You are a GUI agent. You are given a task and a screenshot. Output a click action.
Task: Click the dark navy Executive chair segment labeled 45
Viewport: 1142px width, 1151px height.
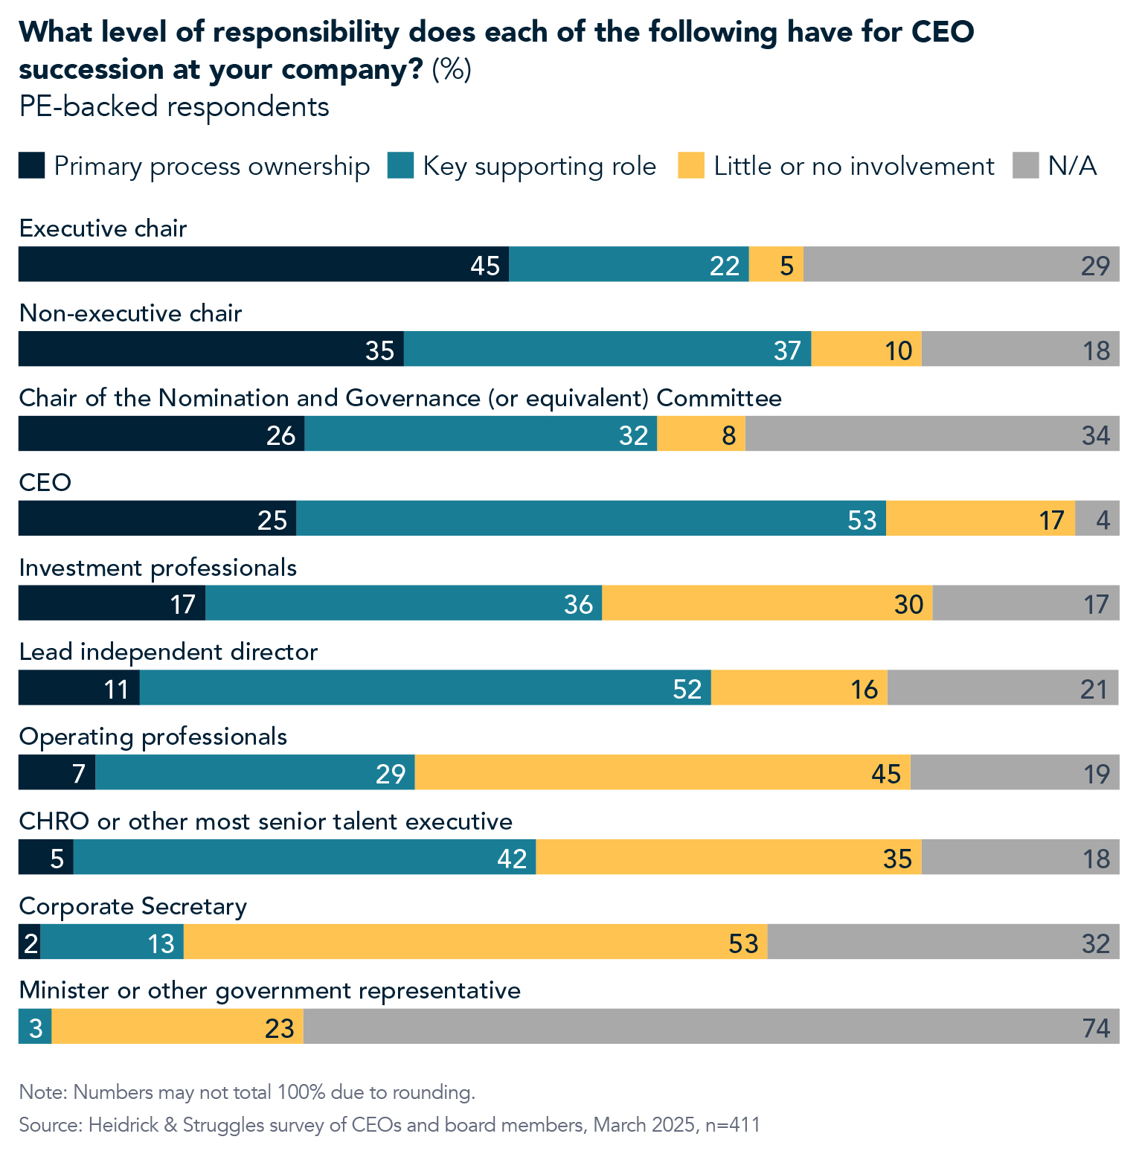click(263, 264)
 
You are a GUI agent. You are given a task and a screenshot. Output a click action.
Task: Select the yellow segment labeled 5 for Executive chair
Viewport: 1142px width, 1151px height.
click(776, 264)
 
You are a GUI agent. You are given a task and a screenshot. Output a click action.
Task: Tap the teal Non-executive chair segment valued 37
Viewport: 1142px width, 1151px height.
click(607, 349)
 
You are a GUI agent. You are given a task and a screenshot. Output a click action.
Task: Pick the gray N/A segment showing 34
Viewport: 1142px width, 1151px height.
click(932, 434)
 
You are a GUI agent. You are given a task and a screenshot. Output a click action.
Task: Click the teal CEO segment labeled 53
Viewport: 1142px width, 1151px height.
click(591, 519)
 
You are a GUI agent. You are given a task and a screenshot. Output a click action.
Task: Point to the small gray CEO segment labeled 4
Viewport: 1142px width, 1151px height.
click(1097, 519)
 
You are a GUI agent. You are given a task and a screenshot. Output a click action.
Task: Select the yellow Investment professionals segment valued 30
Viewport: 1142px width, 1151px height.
click(767, 603)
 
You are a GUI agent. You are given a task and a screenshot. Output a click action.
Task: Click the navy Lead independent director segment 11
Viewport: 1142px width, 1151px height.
click(79, 688)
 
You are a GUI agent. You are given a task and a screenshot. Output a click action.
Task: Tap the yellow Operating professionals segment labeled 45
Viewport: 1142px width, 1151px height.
click(662, 772)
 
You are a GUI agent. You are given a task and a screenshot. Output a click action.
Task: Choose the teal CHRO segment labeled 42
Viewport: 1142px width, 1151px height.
click(304, 857)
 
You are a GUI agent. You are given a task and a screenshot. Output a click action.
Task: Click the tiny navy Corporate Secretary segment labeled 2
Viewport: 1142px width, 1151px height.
click(29, 942)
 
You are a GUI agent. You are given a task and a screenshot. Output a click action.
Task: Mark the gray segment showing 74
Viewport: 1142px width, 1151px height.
click(711, 1027)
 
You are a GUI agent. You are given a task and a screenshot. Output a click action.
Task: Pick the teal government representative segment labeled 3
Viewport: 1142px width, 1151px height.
click(35, 1027)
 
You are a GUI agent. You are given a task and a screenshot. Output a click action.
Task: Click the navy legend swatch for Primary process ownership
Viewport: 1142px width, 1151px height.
click(31, 165)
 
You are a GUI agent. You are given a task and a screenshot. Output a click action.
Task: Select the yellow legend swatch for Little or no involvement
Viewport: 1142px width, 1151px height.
click(690, 165)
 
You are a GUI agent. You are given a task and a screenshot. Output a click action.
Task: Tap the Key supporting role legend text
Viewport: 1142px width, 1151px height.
click(539, 166)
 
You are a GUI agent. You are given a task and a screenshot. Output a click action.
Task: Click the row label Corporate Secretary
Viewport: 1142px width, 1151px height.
click(132, 906)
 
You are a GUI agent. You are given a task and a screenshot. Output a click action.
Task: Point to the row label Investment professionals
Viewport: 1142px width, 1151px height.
click(158, 568)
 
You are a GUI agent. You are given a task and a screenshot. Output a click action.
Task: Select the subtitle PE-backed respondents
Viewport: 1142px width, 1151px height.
click(174, 106)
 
